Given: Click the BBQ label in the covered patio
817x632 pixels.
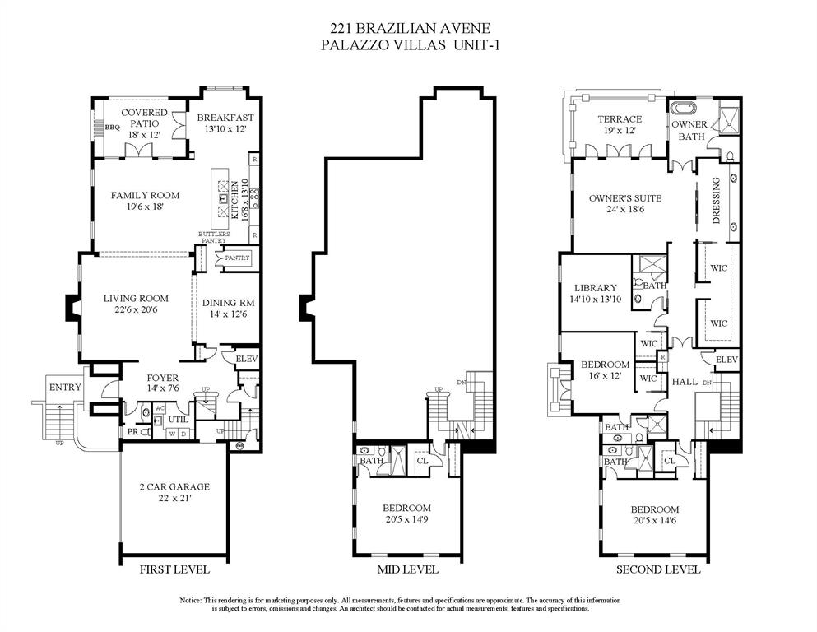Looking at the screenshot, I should click(x=113, y=128).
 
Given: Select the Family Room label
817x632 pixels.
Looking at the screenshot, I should click(x=145, y=195).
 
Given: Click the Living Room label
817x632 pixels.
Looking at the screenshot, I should click(x=136, y=299).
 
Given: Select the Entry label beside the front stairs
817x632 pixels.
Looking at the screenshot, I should click(x=65, y=388).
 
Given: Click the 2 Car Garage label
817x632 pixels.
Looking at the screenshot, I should click(x=174, y=486).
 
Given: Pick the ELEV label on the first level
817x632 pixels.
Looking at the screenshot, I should click(x=247, y=359).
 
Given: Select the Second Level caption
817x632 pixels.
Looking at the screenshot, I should click(x=658, y=569).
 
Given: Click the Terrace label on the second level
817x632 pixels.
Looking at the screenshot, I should click(x=620, y=119).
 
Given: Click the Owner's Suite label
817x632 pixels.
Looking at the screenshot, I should click(x=624, y=198).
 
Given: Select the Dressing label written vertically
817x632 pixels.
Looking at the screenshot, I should click(x=716, y=201).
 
